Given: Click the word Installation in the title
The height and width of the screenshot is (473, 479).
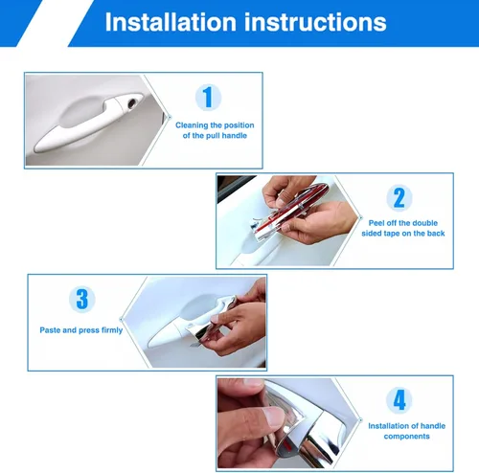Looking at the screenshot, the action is click(171, 22).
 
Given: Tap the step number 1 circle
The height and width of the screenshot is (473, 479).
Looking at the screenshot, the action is click(208, 97).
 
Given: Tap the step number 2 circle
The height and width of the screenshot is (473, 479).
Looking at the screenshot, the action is click(399, 197).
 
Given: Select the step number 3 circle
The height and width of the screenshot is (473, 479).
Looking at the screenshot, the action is click(82, 299).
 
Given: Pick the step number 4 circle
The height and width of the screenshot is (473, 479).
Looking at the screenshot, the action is click(399, 400).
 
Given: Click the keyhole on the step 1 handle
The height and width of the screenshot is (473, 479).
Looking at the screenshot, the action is click(131, 103).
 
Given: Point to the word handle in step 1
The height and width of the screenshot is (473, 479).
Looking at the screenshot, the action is click(235, 136).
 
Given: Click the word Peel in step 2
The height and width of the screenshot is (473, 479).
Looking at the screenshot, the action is click(376, 223).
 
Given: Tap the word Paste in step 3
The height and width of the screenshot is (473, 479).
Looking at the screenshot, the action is click(50, 330).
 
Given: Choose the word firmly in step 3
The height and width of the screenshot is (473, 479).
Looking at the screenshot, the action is click(112, 330).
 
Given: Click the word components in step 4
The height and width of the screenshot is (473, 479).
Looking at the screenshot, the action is click(406, 437).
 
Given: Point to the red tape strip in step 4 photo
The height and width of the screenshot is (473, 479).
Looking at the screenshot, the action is click(288, 446).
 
